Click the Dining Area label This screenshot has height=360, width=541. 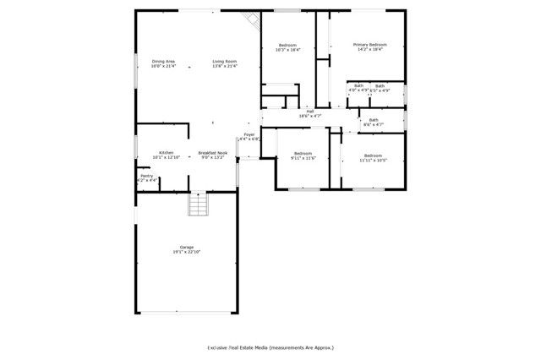tap(163, 62)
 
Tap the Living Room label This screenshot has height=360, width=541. tap(224, 62)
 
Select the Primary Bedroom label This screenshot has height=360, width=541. tap(370, 45)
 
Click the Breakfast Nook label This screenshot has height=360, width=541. tap(213, 153)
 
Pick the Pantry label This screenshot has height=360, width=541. tap(146, 176)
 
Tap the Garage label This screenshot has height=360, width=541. tap(186, 247)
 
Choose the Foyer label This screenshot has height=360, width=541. tap(249, 134)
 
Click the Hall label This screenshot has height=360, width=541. tap(310, 112)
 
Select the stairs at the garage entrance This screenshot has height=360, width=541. tap(197, 205)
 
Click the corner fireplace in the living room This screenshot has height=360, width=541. tap(251, 20)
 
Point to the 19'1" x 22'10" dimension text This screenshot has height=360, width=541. tap(186, 252)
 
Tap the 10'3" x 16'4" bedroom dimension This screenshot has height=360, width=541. tap(288, 50)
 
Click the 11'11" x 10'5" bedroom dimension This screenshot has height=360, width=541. tap(373, 160)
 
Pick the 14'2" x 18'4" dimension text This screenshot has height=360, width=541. tap(370, 50)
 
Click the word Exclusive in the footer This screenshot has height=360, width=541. tap(222, 347)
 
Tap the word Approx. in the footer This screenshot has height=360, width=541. tap(324, 347)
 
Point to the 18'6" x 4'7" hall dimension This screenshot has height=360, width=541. tap(310, 117)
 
